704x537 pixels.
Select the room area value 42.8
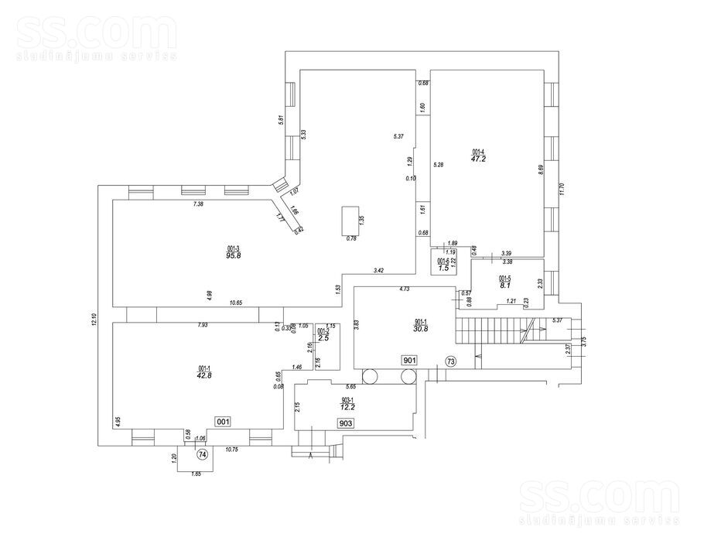(x=204, y=375)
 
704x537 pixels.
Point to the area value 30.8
(x=421, y=328)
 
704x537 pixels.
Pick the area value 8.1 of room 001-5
(x=504, y=285)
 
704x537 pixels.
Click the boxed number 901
(x=409, y=360)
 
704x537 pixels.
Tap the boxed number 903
(x=346, y=422)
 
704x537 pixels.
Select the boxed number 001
(x=223, y=422)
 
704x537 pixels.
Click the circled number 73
(x=450, y=361)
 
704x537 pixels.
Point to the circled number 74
(x=202, y=453)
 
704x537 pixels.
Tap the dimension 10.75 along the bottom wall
(x=231, y=449)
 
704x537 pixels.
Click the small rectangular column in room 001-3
(x=350, y=221)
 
